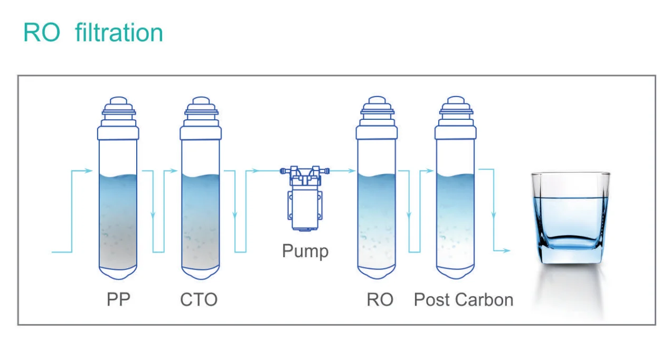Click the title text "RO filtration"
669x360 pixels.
click(x=93, y=33)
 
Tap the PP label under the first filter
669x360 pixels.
click(x=118, y=300)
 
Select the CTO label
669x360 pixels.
click(x=199, y=300)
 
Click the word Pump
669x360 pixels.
click(x=305, y=250)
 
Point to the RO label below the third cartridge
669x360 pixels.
click(x=380, y=300)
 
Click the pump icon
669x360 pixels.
click(x=304, y=198)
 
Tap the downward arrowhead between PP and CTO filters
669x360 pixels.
click(x=153, y=215)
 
